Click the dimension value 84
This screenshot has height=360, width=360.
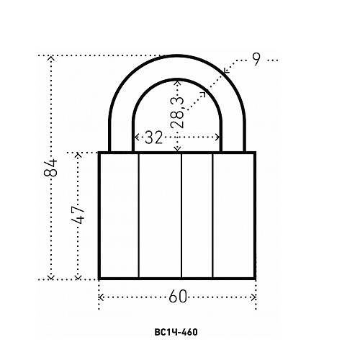[50, 168]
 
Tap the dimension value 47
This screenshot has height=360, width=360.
[78, 215]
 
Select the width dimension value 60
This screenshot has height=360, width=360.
[178, 297]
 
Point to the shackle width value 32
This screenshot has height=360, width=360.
[154, 138]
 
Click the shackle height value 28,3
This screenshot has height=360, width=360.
[178, 112]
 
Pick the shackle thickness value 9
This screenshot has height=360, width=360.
[256, 59]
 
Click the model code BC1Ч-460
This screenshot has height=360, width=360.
[176, 332]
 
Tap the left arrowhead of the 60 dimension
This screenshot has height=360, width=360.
[101, 297]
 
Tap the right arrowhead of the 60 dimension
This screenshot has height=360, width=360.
[253, 297]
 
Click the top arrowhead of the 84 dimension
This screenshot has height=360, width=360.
[50, 58]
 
